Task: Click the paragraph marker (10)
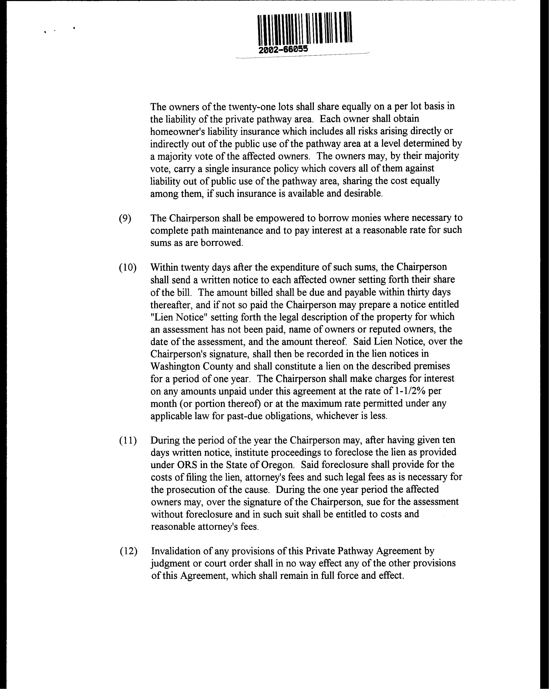point(128,268)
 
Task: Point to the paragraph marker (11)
point(128,441)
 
